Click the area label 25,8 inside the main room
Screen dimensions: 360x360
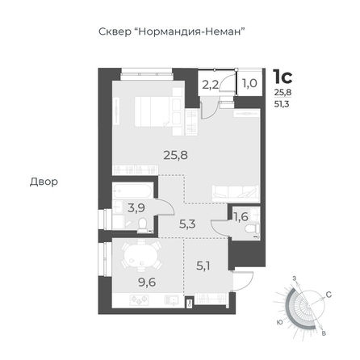pyautogui.click(x=176, y=155)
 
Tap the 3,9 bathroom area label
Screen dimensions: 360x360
pyautogui.click(x=136, y=207)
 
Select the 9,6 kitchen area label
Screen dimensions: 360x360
pyautogui.click(x=147, y=283)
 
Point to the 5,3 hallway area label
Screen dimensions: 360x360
pyautogui.click(x=187, y=224)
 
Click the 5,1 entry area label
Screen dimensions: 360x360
pyautogui.click(x=203, y=266)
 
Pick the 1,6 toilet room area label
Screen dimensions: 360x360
pyautogui.click(x=241, y=216)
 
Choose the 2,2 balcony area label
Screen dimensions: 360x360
pyautogui.click(x=210, y=85)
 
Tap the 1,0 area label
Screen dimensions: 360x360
pyautogui.click(x=249, y=83)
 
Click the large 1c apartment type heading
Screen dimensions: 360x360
pyautogui.click(x=283, y=77)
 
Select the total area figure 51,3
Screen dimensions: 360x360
pyautogui.click(x=282, y=104)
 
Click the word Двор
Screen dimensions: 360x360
pyautogui.click(x=44, y=182)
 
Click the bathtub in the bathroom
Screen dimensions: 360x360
pyautogui.click(x=132, y=191)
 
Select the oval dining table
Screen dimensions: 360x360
pyautogui.click(x=140, y=257)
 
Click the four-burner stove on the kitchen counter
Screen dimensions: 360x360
pyautogui.click(x=139, y=300)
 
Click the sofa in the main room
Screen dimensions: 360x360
pyautogui.click(x=236, y=193)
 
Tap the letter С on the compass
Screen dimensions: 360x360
pyautogui.click(x=329, y=295)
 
